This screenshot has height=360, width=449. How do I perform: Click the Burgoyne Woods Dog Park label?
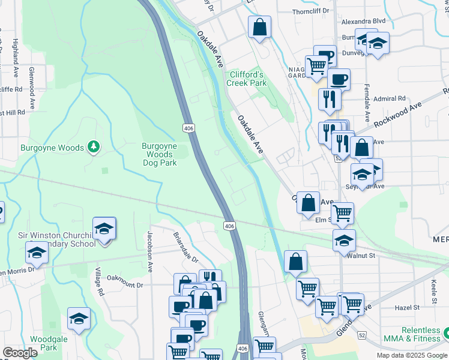point(159,154)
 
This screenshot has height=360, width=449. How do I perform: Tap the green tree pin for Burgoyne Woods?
point(93,146)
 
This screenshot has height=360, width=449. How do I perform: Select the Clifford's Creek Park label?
point(246,79)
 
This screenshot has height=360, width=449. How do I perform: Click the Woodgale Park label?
point(44,343)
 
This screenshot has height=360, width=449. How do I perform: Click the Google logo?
point(20,353)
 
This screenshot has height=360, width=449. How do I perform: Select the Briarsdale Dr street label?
point(185,248)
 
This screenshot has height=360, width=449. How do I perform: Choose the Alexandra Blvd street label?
point(363,21)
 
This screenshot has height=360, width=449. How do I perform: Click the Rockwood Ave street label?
point(397,114)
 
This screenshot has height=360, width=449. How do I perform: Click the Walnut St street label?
point(361,255)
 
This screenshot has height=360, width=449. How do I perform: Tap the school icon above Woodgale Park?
point(79,319)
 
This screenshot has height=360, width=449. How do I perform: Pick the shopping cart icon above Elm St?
point(342,212)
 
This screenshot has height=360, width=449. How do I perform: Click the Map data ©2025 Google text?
point(411,355)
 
